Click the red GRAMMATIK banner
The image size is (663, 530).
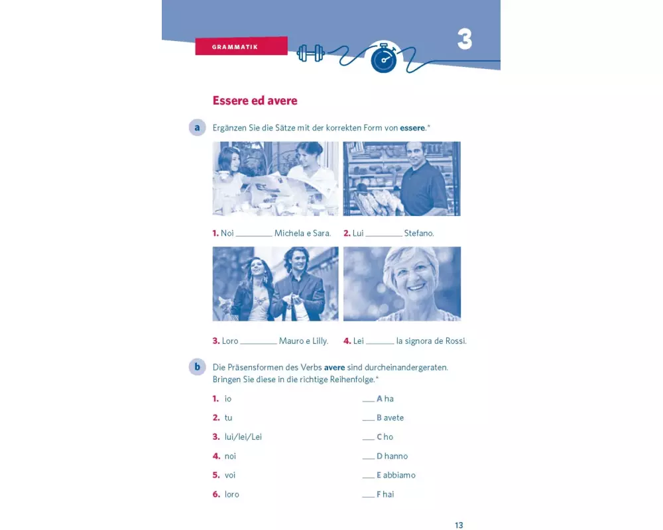tap(241, 46)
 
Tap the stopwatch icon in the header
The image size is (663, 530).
tap(383, 58)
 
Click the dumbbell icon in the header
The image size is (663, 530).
tap(311, 53)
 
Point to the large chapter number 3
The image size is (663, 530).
tap(464, 39)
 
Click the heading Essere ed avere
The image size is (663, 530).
tap(255, 101)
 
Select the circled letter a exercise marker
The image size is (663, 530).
tap(197, 127)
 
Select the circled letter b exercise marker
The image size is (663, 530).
tap(197, 367)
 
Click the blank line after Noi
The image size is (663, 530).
tap(254, 235)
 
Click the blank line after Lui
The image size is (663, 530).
tap(384, 235)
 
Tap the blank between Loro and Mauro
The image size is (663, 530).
tap(259, 343)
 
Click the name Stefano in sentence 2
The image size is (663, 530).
tap(419, 233)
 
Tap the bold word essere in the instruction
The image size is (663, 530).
tap(412, 128)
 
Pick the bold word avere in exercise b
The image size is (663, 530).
tap(334, 367)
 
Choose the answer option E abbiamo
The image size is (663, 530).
tap(396, 475)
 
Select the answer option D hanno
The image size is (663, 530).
tap(392, 456)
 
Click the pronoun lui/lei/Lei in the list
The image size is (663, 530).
tap(243, 437)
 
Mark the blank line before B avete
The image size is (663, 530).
tap(368, 420)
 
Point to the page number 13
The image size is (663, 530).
tap(459, 525)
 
